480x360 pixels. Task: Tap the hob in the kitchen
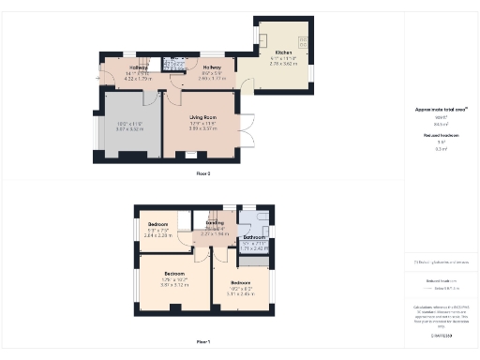point(303,40)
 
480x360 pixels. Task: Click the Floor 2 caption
point(202,174)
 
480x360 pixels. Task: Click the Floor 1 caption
point(202,342)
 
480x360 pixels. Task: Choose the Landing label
point(215,223)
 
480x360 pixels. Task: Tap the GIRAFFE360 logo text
point(442,334)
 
